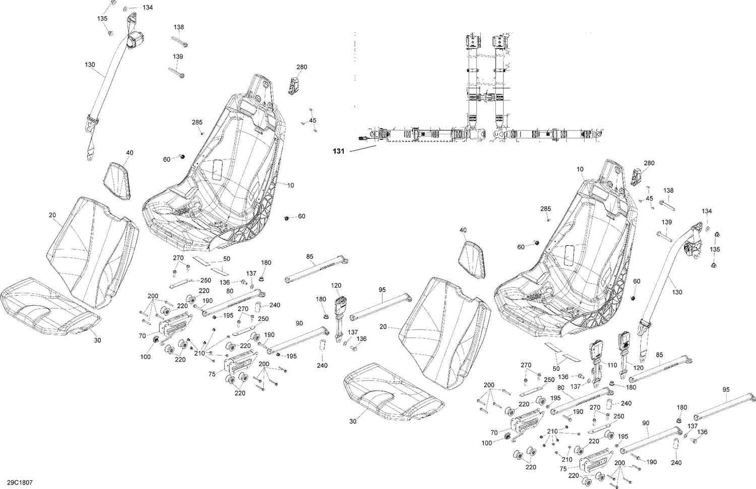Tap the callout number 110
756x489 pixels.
click(x=612, y=365)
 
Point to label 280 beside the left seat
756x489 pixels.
click(x=301, y=67)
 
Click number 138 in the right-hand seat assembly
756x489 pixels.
click(x=668, y=191)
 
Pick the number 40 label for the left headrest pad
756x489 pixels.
click(x=130, y=153)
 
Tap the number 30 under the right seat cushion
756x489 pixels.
click(x=353, y=421)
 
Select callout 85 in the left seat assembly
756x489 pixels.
click(x=310, y=256)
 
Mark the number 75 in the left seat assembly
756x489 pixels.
click(x=213, y=374)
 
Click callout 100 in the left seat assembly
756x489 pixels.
click(x=146, y=357)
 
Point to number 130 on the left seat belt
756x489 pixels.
click(x=90, y=65)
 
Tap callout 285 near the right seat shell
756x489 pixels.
click(x=545, y=208)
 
